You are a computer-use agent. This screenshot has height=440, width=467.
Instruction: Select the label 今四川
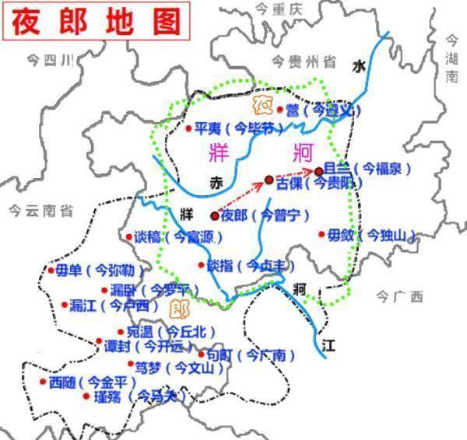click(49, 60)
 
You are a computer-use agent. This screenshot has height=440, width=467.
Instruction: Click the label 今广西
click(399, 296)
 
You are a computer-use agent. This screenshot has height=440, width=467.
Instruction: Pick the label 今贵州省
click(304, 61)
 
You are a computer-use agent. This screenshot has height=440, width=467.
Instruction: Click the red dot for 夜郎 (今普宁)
click(214, 216)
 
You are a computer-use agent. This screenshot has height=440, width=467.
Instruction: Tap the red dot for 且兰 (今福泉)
click(318, 171)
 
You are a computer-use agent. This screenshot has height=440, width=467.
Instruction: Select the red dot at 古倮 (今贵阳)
click(269, 180)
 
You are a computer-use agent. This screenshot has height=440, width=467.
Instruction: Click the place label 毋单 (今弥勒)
click(89, 271)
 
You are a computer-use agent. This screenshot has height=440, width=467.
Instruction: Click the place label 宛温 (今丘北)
click(165, 330)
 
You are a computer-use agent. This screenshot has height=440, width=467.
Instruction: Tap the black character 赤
click(216, 182)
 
